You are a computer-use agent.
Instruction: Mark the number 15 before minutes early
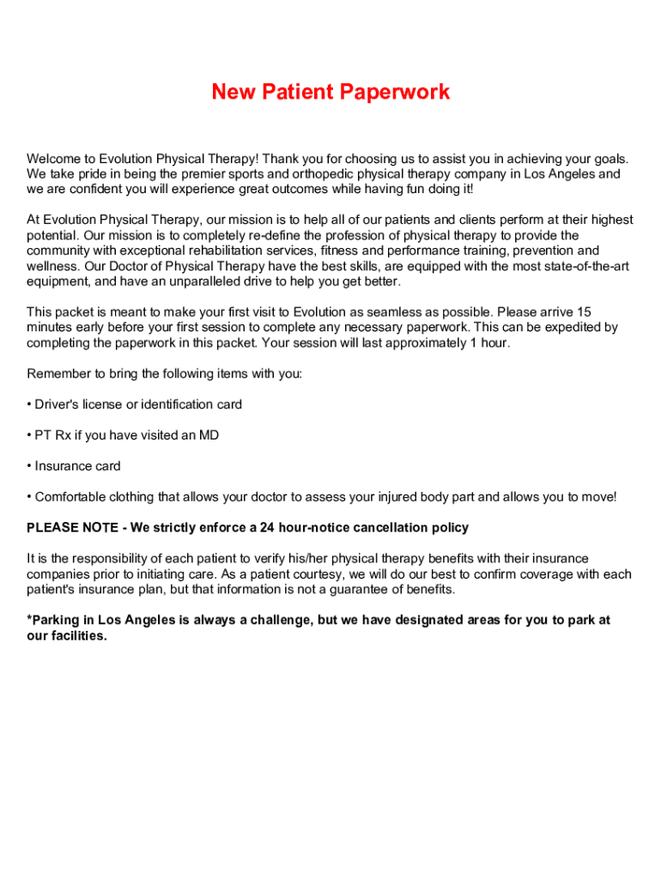(584, 312)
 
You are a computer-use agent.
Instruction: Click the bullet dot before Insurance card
(29, 466)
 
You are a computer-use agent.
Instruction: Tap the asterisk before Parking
(29, 620)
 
